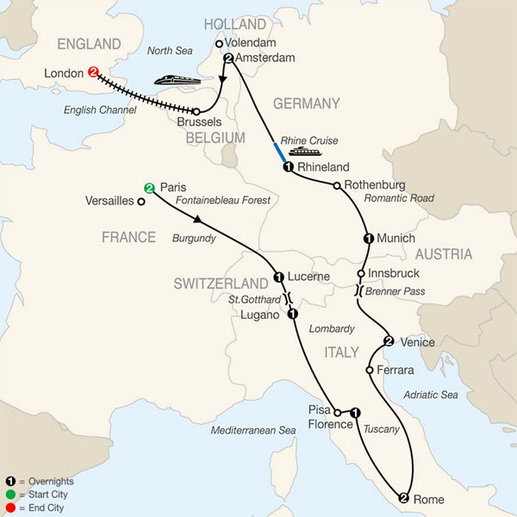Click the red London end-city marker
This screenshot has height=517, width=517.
tap(92, 73)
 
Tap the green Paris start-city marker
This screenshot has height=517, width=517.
tap(149, 188)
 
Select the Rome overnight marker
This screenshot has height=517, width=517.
tap(403, 496)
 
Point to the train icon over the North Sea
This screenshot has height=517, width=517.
tap(178, 81)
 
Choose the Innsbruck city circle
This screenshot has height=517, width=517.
tap(361, 274)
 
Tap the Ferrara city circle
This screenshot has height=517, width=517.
tap(369, 370)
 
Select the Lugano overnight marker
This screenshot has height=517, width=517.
tap(292, 315)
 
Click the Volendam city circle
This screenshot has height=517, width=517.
tap(219, 43)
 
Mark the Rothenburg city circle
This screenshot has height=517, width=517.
tap(335, 184)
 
